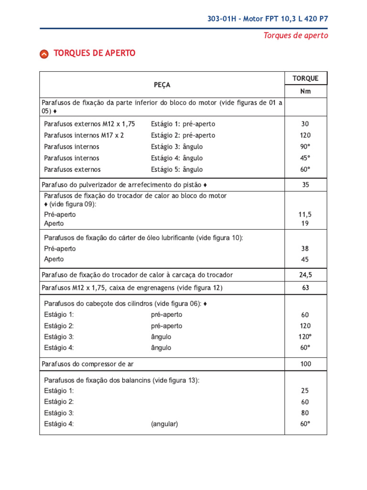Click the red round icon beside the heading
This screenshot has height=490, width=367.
pyautogui.click(x=44, y=54)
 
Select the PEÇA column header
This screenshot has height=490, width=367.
pyautogui.click(x=162, y=85)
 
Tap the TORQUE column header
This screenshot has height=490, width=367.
pyautogui.click(x=305, y=78)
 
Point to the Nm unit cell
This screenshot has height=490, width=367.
pyautogui.click(x=305, y=91)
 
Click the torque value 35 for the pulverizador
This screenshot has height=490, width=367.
pyautogui.click(x=305, y=185)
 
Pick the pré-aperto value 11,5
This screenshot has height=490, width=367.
pyautogui.click(x=305, y=215)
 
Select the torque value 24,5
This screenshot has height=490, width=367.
pyautogui.click(x=305, y=275)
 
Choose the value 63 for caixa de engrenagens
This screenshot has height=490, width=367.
pyautogui.click(x=305, y=288)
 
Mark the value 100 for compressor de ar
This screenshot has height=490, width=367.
pyautogui.click(x=305, y=364)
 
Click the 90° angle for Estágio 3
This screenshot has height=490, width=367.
pyautogui.click(x=305, y=146)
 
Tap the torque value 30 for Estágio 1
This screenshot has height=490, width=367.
pyautogui.click(x=305, y=123)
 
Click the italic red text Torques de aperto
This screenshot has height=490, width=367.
pyautogui.click(x=296, y=35)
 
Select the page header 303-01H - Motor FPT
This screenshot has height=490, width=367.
pyautogui.click(x=268, y=19)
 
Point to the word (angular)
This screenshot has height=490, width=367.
pyautogui.click(x=164, y=424)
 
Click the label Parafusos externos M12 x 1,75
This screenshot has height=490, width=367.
pyautogui.click(x=89, y=123)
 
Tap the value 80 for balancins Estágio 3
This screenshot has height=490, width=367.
pyautogui.click(x=305, y=412)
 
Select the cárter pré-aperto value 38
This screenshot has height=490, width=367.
pyautogui.click(x=305, y=248)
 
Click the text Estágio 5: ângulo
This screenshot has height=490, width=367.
pyautogui.click(x=177, y=169)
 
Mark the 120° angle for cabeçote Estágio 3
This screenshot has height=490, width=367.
pyautogui.click(x=305, y=336)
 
